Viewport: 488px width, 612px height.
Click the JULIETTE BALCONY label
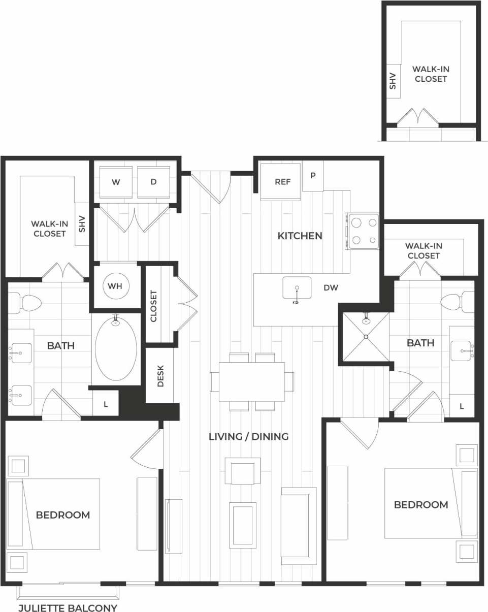point(68,608)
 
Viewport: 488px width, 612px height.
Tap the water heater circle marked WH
point(115,286)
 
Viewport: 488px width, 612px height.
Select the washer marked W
point(116,182)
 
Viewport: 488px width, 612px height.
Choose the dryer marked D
point(153,182)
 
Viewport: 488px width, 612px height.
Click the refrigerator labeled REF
point(282,182)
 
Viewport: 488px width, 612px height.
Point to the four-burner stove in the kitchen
point(364,231)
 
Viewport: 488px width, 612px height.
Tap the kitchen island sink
point(297,288)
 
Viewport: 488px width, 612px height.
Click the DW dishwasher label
point(331,287)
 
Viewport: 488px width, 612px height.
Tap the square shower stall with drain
point(365,337)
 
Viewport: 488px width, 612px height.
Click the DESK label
point(160,376)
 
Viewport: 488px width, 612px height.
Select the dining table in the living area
point(252,381)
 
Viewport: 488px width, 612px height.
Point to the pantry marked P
point(313,176)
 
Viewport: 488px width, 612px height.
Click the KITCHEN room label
point(300,236)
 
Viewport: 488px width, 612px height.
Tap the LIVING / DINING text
point(249,436)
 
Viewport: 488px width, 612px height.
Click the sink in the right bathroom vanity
point(462,351)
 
